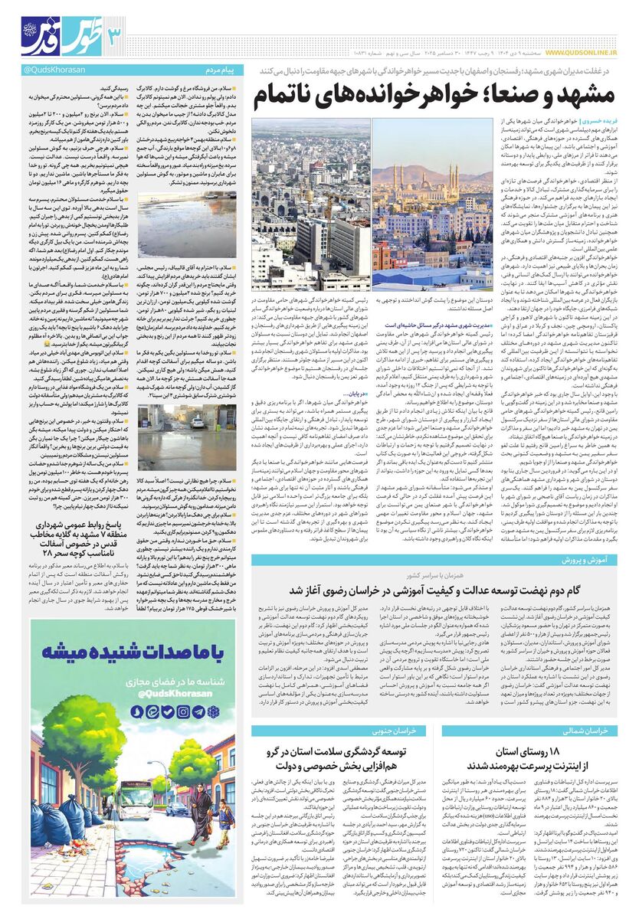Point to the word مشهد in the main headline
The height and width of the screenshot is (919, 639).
[x=578, y=95]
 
